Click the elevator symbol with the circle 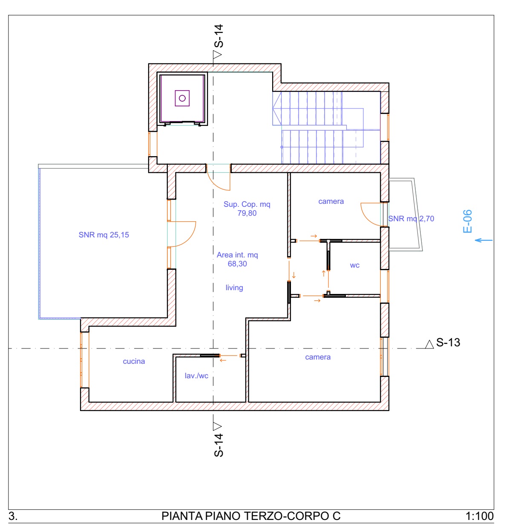(x=182, y=98)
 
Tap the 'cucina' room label (x=134, y=361)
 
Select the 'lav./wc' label (x=196, y=376)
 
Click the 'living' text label (x=234, y=288)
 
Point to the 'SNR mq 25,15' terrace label (x=104, y=235)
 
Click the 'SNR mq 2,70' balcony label (x=411, y=219)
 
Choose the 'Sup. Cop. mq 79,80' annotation (x=247, y=208)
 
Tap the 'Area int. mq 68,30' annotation (x=237, y=259)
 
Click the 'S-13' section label (x=448, y=343)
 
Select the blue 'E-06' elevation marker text (x=467, y=221)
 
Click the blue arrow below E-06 (x=484, y=240)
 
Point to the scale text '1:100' (x=480, y=516)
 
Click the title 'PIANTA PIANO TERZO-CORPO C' (x=251, y=516)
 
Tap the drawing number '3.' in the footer (x=13, y=516)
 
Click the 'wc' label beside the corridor (x=354, y=265)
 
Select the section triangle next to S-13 (x=429, y=344)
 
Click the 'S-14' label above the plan (x=218, y=36)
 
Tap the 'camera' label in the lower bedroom (x=318, y=357)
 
